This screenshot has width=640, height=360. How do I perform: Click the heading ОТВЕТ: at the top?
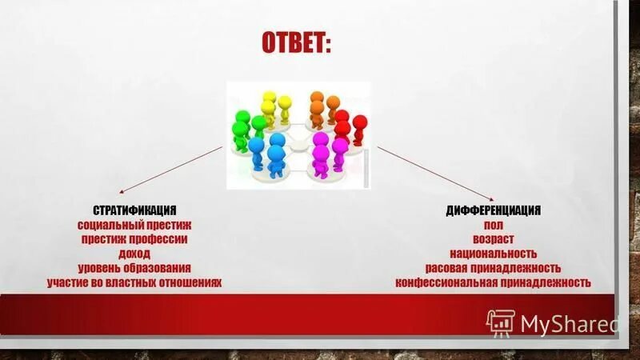(296, 43)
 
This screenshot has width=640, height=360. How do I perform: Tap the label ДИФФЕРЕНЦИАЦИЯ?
(493, 210)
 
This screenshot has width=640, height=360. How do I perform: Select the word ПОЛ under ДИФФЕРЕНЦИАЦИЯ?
(493, 225)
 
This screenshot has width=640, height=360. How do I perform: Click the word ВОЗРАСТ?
(493, 239)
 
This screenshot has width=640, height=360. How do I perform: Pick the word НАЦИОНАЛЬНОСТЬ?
(493, 254)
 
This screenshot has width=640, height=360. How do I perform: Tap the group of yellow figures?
(274, 108)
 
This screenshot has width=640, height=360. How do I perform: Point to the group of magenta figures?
(326, 152)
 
